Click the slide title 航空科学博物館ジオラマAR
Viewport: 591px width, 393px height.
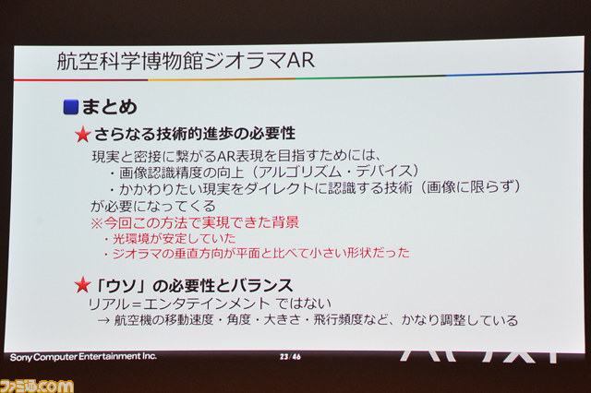186,61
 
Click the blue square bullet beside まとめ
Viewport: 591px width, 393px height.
70,107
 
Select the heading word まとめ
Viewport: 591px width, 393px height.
109,106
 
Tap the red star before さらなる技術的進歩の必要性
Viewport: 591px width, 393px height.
82,135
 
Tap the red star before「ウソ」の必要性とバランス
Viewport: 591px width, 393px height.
82,285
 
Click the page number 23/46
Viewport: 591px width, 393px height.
290,356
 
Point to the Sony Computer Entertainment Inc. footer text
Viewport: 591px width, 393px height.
83,356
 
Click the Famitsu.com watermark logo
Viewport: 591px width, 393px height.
37,387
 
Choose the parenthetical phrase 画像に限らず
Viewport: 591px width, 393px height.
469,186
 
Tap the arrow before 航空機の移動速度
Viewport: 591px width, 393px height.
103,320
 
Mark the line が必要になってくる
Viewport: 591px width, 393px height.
152,206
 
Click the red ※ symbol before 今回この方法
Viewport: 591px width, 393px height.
97,223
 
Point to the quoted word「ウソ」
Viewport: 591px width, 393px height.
121,286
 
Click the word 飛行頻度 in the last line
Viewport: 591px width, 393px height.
338,320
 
